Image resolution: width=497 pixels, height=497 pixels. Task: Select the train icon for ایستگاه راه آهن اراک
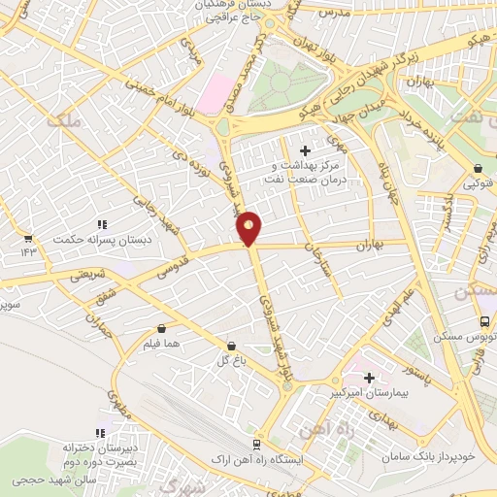pos(256,443)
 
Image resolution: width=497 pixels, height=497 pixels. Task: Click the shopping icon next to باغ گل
pos(231,346)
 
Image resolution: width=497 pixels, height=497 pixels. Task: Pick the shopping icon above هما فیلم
pos(160,328)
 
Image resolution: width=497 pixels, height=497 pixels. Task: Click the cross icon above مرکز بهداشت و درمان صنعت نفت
pos(305,150)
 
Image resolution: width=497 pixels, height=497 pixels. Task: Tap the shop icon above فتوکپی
pos(478,168)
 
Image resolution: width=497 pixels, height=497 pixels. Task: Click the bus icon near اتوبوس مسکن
pos(484,321)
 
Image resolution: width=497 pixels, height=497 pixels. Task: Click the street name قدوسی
pos(184,261)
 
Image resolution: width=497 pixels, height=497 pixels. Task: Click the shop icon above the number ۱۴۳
pos(28,237)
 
